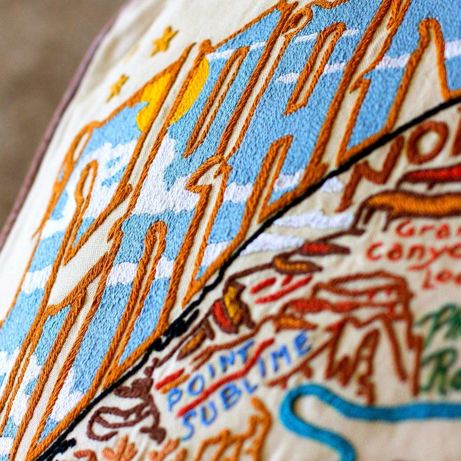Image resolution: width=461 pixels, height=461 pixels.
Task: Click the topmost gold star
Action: (164, 40)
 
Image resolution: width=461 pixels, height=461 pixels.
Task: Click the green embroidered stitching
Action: (442, 346)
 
